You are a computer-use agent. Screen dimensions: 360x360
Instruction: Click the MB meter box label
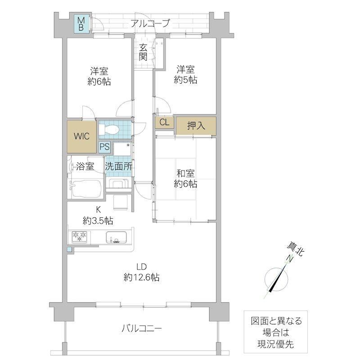81,24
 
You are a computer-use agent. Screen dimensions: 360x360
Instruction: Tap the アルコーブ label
150,23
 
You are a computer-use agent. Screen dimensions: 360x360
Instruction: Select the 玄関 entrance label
143,52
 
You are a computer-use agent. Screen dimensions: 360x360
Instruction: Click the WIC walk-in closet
81,136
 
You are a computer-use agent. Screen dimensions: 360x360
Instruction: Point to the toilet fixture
108,130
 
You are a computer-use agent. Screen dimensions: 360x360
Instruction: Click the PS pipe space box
105,147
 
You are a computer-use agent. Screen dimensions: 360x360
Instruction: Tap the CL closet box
164,122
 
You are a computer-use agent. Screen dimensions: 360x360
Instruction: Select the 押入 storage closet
196,126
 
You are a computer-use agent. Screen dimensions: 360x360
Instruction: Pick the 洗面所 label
119,166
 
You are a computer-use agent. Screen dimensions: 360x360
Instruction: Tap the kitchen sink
116,237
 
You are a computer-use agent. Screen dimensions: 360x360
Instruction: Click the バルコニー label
142,328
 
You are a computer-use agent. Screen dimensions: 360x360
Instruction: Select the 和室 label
185,173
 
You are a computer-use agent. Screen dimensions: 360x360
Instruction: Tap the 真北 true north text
296,250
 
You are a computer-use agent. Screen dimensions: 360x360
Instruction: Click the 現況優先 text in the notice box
275,344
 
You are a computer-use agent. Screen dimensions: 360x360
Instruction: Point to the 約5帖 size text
185,80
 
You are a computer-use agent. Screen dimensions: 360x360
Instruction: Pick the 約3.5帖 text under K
98,220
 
